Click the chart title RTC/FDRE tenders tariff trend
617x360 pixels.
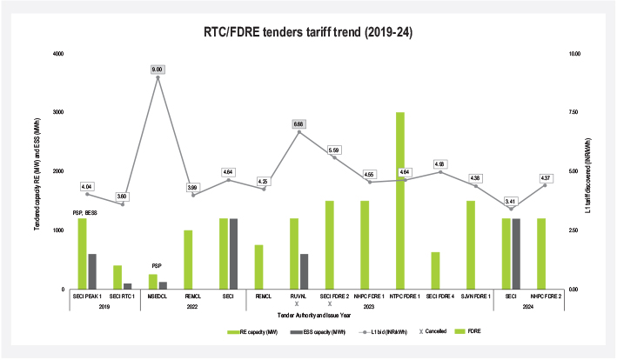(x=307, y=33)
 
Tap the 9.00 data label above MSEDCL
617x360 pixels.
(x=158, y=69)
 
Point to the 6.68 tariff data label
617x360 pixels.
(x=298, y=124)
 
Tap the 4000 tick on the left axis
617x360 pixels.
(x=57, y=54)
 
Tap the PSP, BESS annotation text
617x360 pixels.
(x=90, y=210)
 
